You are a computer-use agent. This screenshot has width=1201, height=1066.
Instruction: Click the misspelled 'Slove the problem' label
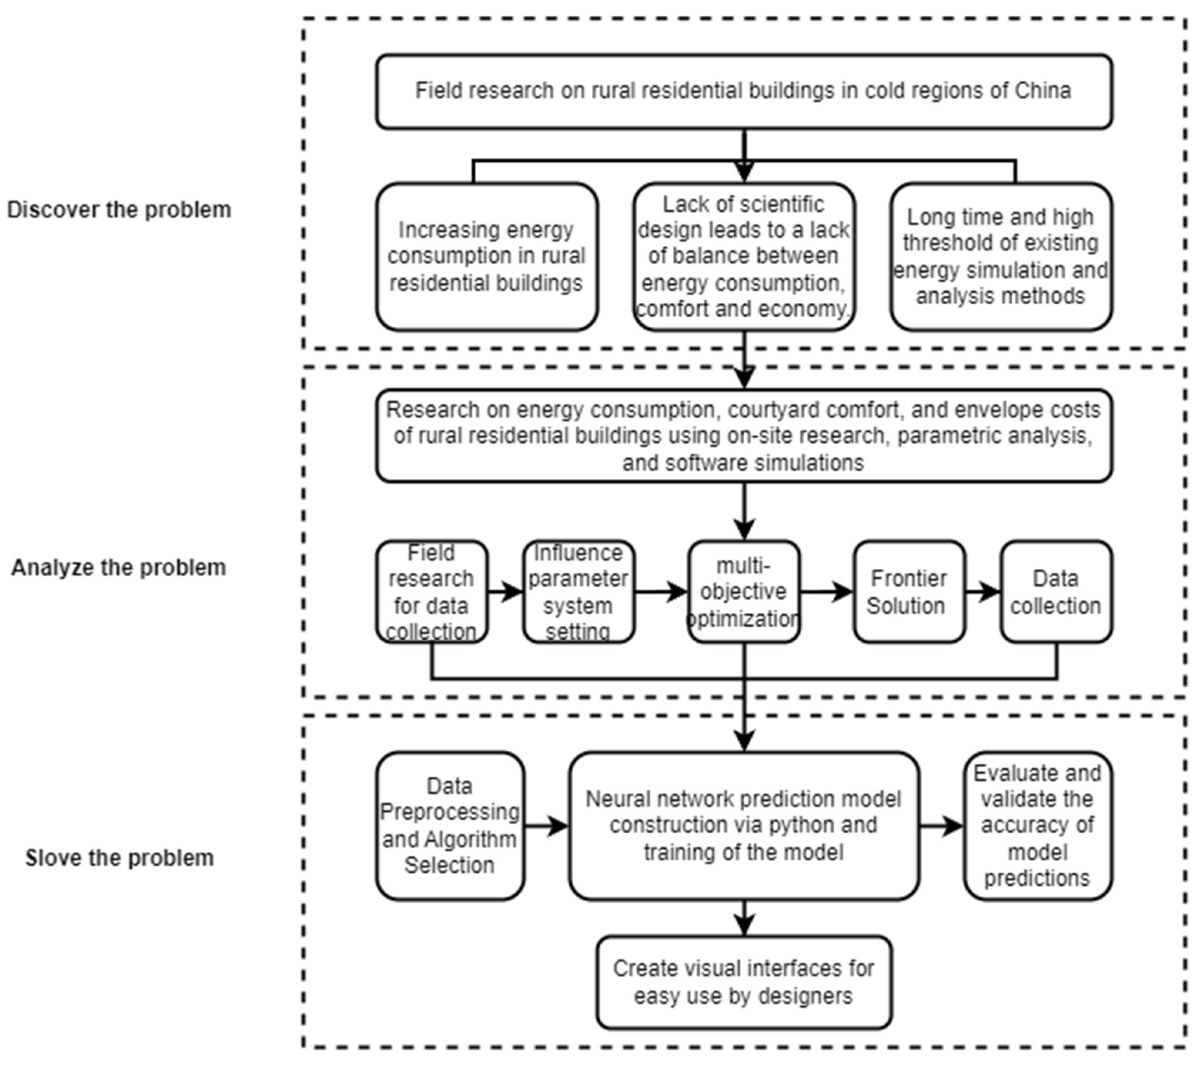coord(119,858)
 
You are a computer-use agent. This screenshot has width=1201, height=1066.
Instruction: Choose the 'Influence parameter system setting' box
coord(578,592)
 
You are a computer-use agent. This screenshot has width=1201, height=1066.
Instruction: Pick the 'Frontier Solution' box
coord(908,592)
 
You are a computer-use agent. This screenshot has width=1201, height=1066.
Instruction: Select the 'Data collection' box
coord(1056,592)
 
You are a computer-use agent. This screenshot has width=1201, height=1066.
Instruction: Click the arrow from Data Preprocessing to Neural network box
coord(546,826)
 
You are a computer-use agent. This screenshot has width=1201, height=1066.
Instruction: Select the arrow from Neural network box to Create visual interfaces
coord(744,918)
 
